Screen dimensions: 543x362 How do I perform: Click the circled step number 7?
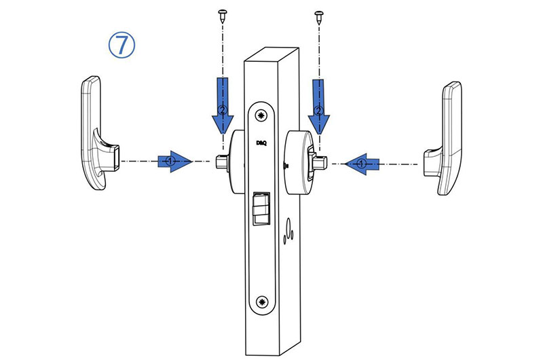coord(121,45)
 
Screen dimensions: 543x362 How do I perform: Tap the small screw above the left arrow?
coord(222,16)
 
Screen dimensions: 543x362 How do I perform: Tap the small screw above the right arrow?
coord(318,17)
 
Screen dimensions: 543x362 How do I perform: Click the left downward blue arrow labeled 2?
coord(223,106)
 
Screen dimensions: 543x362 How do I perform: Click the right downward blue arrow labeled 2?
coord(318,107)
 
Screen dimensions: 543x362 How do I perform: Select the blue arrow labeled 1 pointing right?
coord(175,161)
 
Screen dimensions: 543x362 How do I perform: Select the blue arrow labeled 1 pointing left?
coord(362,164)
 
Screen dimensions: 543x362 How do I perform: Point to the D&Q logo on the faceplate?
coord(261,143)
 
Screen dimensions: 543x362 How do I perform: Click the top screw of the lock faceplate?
coord(262,115)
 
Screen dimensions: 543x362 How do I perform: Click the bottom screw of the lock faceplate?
coord(263,302)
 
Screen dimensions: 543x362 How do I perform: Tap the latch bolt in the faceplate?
coord(261,208)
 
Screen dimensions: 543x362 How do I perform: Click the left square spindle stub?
coord(222,162)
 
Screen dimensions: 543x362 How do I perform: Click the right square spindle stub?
coord(320,162)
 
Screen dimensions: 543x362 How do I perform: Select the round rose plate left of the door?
coord(237,162)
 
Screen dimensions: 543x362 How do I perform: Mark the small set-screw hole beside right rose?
coord(286,166)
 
